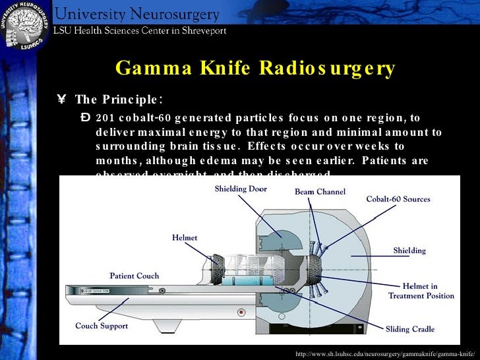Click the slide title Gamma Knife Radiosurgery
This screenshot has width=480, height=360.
[255, 69]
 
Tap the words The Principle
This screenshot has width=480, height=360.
[119, 100]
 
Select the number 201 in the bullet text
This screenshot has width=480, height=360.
[104, 118]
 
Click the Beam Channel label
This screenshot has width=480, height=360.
[319, 192]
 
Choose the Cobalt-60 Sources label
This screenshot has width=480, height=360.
[398, 199]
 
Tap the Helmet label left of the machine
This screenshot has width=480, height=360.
[185, 237]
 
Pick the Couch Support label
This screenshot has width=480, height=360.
[102, 326]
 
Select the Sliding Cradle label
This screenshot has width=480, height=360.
[409, 328]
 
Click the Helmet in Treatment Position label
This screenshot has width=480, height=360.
[421, 291]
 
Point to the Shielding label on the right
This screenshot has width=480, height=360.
[409, 251]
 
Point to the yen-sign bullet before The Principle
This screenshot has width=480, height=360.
[62, 100]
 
